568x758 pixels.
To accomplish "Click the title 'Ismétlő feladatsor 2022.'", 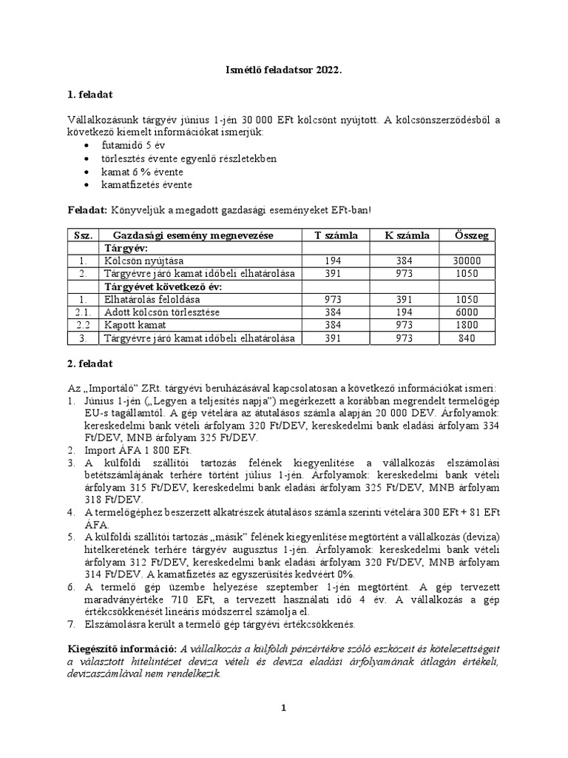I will point(284,69).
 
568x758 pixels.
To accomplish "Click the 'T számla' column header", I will point(336,235).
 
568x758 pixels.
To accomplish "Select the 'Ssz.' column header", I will point(83,235).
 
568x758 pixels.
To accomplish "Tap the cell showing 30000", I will point(469,261).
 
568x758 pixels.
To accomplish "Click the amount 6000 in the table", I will point(469,312).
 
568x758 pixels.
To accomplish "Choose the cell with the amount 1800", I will point(469,325).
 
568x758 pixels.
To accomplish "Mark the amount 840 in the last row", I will point(469,338).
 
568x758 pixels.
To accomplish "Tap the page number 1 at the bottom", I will point(283,708).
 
